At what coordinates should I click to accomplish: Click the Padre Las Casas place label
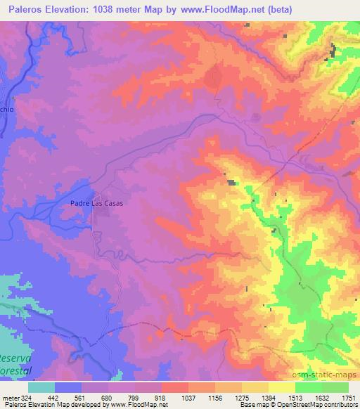point(97,203)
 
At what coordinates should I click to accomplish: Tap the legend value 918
point(161,397)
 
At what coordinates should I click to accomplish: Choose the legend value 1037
point(188,397)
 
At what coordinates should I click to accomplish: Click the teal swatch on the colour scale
point(41,387)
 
